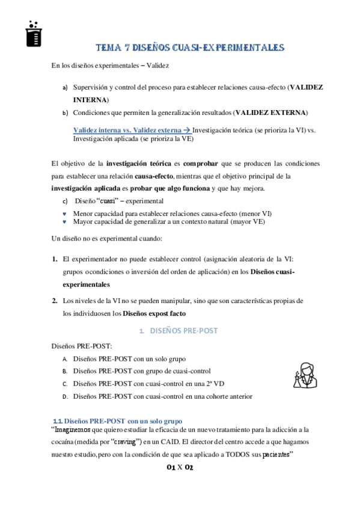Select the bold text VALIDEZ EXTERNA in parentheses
pos(270,112)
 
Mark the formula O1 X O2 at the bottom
pos(180,467)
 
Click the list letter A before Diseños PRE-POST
pos(64,359)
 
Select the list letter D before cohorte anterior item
pos(64,396)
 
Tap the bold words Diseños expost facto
pos(154,313)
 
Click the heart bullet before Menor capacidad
pos(64,214)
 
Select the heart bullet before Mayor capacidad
pos(64,221)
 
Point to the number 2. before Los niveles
pos(54,301)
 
